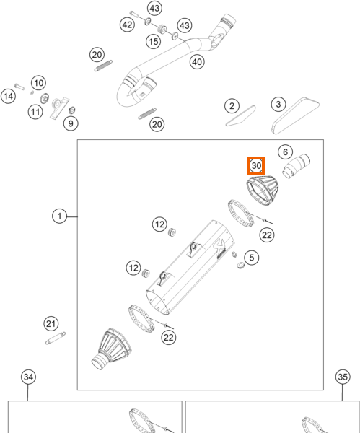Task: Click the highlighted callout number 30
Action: [255, 166]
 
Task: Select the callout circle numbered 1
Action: [59, 216]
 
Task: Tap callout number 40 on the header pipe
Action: [197, 61]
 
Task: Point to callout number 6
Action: [285, 152]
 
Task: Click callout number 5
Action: [252, 258]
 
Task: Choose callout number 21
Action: [51, 323]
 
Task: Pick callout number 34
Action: [28, 377]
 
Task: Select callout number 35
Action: [343, 377]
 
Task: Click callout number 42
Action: [127, 25]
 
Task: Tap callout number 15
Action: [154, 41]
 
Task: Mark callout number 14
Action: [8, 97]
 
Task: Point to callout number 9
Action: [71, 123]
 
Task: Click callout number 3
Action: [278, 104]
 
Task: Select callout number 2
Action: [232, 106]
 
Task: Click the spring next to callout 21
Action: [56, 338]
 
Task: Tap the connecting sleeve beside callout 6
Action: [297, 166]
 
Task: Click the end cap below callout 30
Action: [263, 191]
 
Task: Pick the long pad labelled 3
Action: [295, 115]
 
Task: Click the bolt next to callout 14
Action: [19, 87]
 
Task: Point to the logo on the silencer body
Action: [220, 247]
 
